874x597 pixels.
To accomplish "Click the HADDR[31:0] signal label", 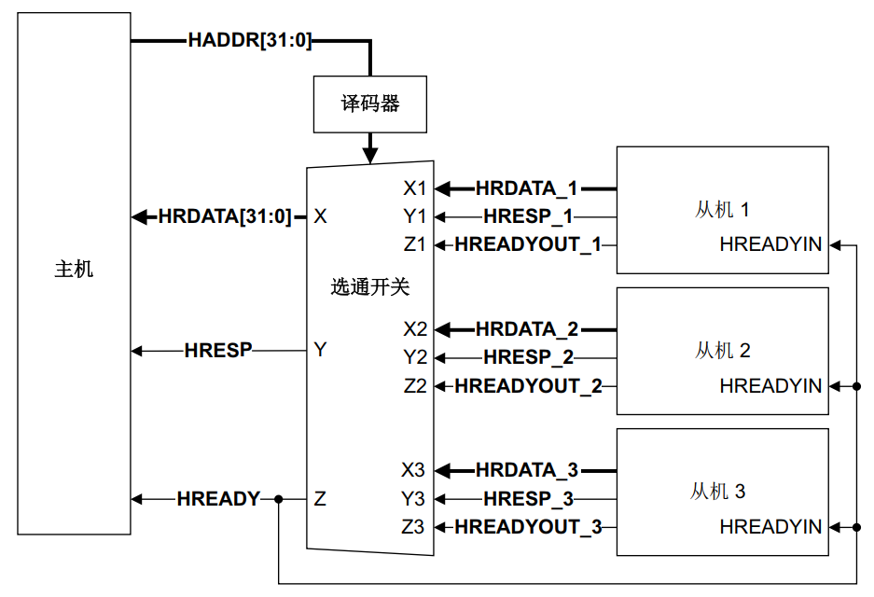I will point(249,41).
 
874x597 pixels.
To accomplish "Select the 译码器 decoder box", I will point(370,104).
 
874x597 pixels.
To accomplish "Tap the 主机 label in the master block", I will point(74,271).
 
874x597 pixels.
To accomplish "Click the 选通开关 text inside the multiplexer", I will point(370,286).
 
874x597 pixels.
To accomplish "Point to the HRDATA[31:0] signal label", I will point(225,216).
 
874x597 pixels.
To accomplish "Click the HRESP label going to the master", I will point(218,351).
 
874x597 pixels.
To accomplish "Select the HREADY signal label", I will point(218,499).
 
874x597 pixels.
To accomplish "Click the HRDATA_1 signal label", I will point(526,188).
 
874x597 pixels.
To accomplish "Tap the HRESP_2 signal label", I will point(528,357).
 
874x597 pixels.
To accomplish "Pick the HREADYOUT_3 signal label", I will point(528,527).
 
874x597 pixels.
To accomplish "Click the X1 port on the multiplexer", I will point(414,188).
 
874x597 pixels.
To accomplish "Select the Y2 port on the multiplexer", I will point(414,357).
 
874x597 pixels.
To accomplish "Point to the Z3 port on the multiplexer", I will point(413,527).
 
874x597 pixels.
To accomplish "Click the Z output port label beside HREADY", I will point(320,499).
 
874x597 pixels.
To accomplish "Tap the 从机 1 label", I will point(722,209).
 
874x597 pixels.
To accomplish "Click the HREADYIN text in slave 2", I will point(770,386).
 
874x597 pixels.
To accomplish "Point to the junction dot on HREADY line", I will point(278,500).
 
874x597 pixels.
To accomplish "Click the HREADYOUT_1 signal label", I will point(528,245).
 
